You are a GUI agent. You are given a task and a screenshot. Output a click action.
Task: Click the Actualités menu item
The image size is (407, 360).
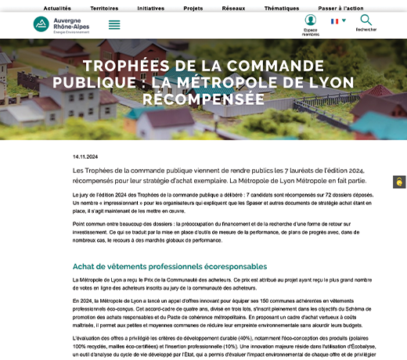point(57,7)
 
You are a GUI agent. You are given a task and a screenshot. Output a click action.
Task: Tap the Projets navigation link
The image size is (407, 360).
point(193,7)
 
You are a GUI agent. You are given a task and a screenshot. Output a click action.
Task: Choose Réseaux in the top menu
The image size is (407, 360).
point(233,7)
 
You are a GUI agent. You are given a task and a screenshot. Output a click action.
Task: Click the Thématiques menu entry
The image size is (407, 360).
point(282,7)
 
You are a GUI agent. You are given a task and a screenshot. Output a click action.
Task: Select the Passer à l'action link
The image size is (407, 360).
point(340,7)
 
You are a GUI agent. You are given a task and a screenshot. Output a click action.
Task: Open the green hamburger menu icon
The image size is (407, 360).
point(114,24)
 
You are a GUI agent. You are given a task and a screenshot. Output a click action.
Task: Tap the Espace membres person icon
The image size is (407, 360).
point(311,21)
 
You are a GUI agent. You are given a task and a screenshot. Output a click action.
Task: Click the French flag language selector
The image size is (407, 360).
point(337,21)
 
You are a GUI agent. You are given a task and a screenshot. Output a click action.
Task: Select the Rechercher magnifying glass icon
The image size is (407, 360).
point(366,20)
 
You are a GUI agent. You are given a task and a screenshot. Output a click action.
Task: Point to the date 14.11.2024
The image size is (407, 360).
point(85,156)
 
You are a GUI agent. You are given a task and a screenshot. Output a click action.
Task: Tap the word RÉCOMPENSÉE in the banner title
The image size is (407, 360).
point(203,100)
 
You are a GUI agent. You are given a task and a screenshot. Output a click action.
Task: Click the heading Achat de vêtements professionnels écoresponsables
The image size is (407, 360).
point(171,267)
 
